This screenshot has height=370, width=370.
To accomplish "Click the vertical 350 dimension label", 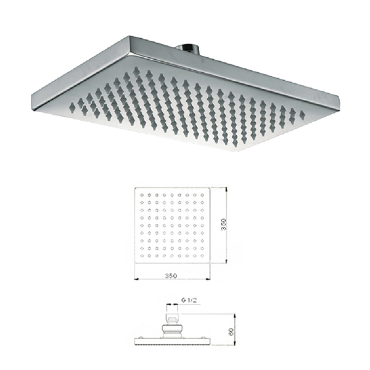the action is [224, 224].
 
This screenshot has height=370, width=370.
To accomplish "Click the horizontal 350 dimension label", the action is [171, 276].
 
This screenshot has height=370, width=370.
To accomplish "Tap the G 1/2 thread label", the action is [189, 300].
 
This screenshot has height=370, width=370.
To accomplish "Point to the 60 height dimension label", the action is [231, 332].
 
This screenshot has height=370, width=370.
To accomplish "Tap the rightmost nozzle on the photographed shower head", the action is [302, 115].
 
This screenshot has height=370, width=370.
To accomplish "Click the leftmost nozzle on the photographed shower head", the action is [72, 107].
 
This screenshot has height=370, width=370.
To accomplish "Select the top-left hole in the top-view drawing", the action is [142, 195].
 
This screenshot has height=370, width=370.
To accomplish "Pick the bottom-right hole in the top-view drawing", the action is [202, 255].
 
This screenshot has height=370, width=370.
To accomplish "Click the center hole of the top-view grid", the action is [172, 225].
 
